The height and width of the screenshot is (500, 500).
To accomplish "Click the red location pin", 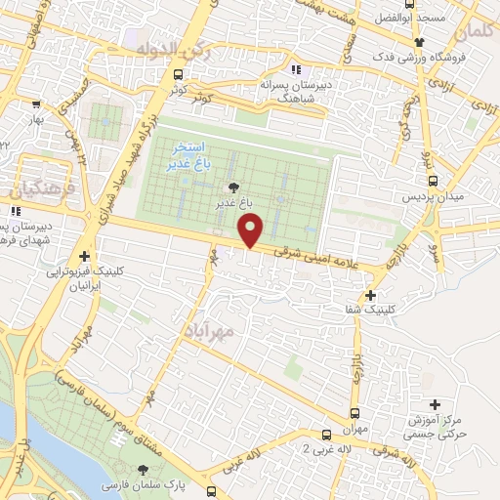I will (251, 230).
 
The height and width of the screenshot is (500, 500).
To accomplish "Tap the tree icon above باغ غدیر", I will (231, 187).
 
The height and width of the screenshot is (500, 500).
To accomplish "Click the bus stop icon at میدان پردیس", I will (433, 180).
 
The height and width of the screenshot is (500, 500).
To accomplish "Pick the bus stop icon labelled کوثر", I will (178, 74).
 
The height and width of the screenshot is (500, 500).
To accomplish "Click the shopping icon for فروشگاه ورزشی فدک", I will (420, 42).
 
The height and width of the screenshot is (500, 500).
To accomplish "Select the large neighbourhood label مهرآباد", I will (236, 332).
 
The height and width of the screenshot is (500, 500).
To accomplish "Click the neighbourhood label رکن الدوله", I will (160, 48).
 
